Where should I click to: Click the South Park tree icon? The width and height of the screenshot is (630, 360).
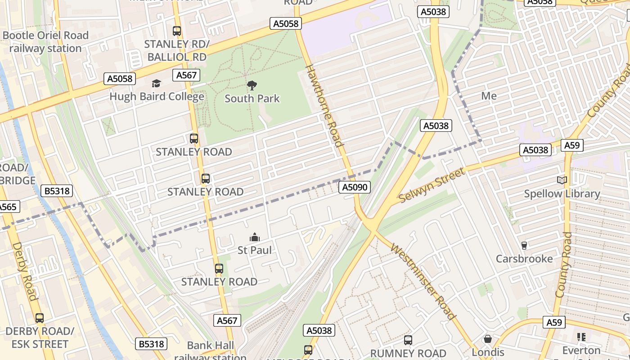click(252, 85)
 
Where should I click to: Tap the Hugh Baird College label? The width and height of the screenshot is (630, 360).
click(157, 96)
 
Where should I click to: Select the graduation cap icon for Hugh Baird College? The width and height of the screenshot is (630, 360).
click(156, 83)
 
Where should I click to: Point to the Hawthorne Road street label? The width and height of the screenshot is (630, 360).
click(324, 106)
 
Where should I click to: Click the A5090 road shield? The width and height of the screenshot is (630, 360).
click(354, 187)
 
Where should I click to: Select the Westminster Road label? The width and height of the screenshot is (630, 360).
click(423, 281)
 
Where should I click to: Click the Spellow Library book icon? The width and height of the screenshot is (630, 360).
click(562, 180)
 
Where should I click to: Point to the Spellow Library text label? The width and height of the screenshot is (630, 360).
click(562, 194)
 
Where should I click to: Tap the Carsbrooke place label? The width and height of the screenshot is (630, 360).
click(524, 259)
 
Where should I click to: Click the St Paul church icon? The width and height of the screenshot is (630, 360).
click(255, 237)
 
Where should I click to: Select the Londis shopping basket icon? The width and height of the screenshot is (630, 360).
click(488, 338)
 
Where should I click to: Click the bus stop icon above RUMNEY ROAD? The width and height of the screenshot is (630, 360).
click(408, 340)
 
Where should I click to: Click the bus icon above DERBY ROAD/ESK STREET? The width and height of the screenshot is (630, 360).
click(40, 318)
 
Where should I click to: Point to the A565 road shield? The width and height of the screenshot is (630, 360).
click(8, 207)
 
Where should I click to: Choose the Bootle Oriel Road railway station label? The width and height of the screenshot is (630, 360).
click(45, 42)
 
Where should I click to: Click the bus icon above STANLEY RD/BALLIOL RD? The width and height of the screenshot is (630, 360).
click(177, 31)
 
